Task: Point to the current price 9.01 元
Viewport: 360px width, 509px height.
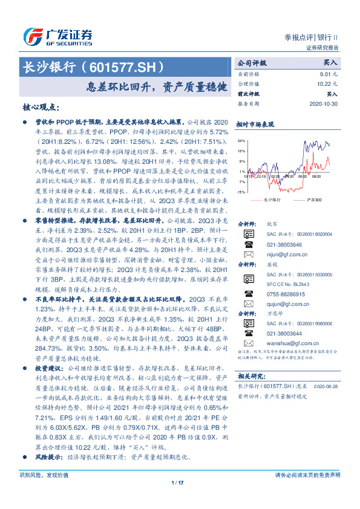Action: click(x=327, y=74)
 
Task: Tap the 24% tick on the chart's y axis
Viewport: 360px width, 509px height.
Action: click(x=241, y=140)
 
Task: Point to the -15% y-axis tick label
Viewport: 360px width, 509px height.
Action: click(x=241, y=191)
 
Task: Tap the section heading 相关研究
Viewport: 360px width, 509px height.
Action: click(x=250, y=375)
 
